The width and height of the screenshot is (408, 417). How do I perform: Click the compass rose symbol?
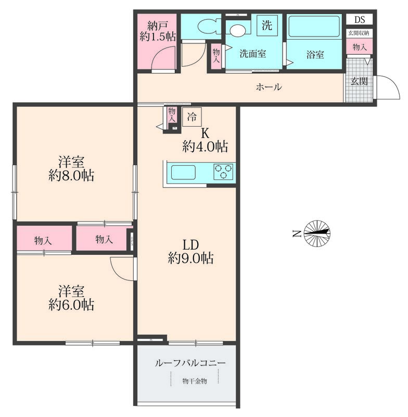[x=317, y=234]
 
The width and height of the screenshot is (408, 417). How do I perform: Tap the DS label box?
[x=360, y=20]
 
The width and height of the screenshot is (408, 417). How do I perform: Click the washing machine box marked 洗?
[x=267, y=25]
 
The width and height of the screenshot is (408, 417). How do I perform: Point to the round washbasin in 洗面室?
[x=238, y=30]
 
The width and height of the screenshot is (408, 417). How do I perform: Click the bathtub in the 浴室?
[x=314, y=27]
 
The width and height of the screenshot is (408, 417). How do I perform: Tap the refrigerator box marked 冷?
[x=192, y=117]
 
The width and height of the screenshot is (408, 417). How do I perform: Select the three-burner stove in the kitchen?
[x=223, y=171]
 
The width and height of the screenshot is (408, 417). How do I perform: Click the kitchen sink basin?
[x=183, y=173]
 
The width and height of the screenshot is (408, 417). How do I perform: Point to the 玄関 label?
[x=359, y=81]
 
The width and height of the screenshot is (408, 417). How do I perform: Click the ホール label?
[x=269, y=87]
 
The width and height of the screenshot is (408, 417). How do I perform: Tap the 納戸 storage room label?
[x=158, y=26]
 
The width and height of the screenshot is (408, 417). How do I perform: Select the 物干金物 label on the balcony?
[x=195, y=381]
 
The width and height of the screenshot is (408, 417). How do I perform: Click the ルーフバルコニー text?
[x=190, y=363]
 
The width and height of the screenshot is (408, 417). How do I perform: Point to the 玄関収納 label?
[x=359, y=33]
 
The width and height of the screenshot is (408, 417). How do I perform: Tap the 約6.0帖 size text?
[x=71, y=304]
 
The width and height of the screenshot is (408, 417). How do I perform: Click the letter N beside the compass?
[x=297, y=234]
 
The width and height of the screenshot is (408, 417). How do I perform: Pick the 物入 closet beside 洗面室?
[x=216, y=56]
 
